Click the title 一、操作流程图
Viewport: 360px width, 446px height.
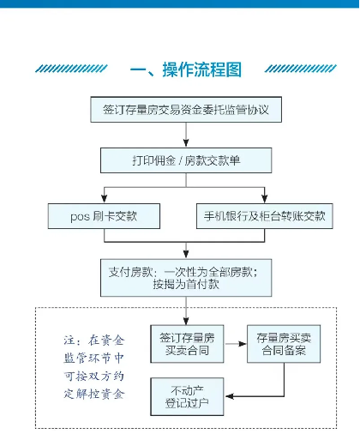pyautogui.click(x=186, y=69)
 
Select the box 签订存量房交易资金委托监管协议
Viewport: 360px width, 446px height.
pyautogui.click(x=186, y=110)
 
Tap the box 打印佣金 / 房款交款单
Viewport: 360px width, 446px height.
pyautogui.click(x=186, y=160)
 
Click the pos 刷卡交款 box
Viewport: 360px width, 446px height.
pyautogui.click(x=104, y=216)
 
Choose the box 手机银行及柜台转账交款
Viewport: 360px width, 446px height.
pyautogui.click(x=265, y=216)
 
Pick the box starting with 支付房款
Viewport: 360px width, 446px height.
pyautogui.click(x=186, y=278)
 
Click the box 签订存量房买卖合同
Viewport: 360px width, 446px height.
pyautogui.click(x=187, y=344)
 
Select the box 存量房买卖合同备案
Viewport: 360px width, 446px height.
pyautogui.click(x=284, y=344)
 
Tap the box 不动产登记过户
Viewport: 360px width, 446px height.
pyautogui.click(x=187, y=396)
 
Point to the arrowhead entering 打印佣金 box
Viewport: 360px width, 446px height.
pyautogui.click(x=186, y=143)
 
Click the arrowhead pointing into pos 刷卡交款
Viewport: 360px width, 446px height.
pyautogui.click(x=105, y=199)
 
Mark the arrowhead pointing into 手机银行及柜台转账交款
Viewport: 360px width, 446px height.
pyautogui.click(x=265, y=199)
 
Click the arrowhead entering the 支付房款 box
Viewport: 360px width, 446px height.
pyautogui.click(x=186, y=254)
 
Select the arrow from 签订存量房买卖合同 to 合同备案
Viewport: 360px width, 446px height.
pyautogui.click(x=236, y=344)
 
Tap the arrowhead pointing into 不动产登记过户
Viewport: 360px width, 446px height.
pyautogui.click(x=230, y=396)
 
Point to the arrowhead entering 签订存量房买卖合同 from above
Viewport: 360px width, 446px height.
pyautogui.click(x=186, y=321)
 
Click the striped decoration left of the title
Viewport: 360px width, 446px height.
pyautogui.click(x=71, y=69)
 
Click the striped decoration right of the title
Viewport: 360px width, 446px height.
pyautogui.click(x=301, y=69)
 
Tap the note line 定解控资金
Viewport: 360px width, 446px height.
pyautogui.click(x=94, y=394)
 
